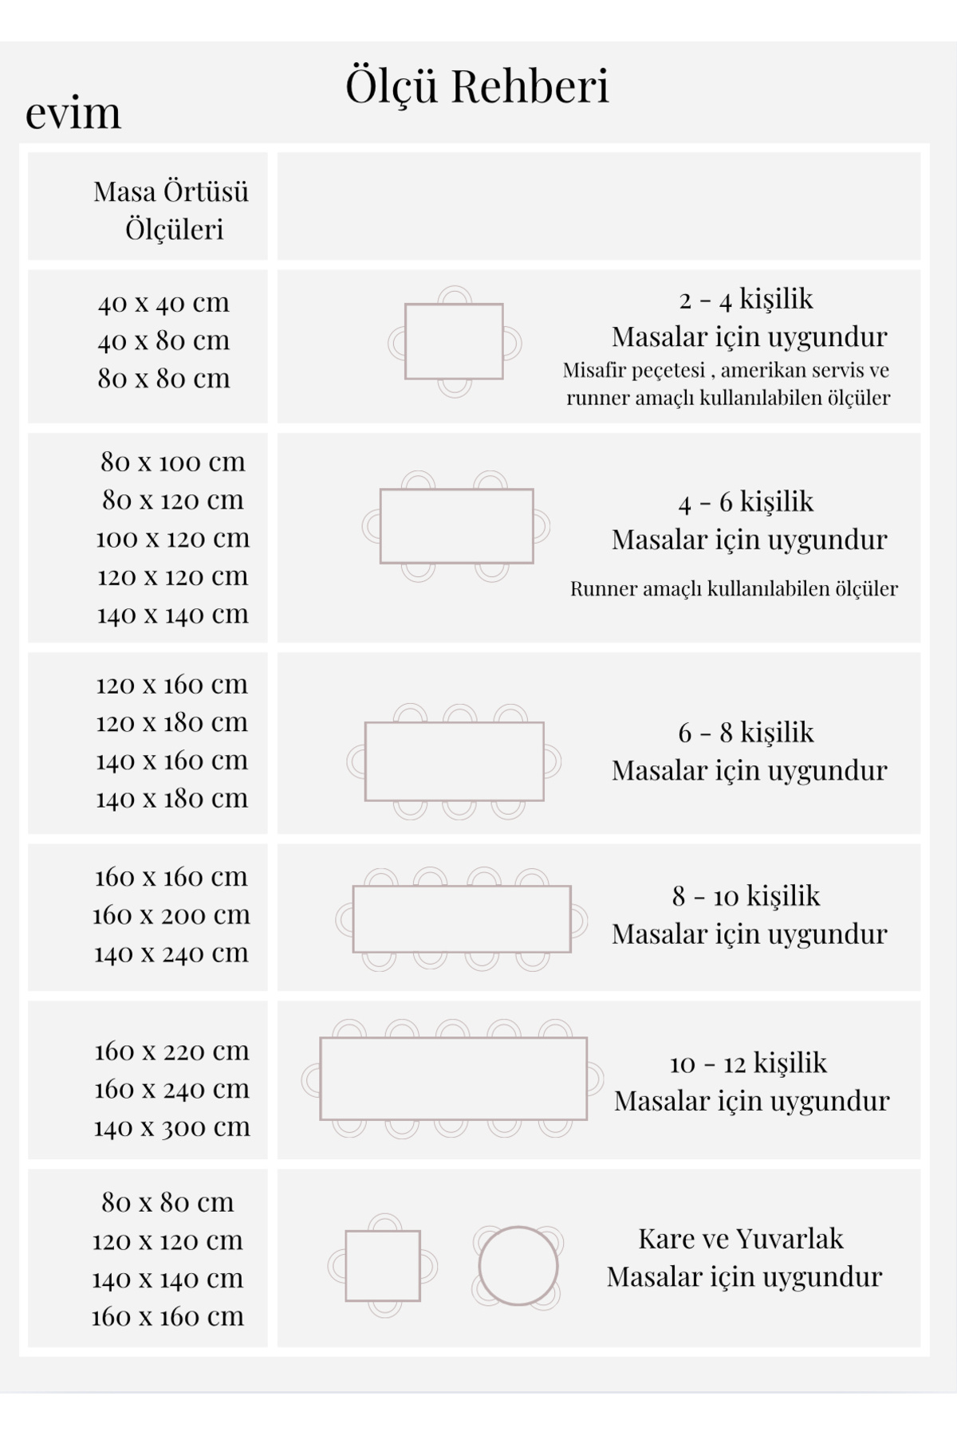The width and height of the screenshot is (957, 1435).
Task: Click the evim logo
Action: pos(73,112)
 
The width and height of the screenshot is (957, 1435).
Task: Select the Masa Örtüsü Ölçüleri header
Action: pos(171,210)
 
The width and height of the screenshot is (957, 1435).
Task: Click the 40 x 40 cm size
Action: pos(163,303)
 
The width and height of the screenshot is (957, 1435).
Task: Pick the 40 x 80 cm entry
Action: pos(163,340)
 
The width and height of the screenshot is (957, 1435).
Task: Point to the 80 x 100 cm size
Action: pos(172,462)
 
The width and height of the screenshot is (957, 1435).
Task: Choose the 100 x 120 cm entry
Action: pos(172,539)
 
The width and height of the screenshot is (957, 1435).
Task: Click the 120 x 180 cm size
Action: pos(171,723)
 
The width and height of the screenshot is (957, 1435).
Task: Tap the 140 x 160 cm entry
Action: pos(171,761)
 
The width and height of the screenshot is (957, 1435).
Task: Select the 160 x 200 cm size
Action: pos(171,915)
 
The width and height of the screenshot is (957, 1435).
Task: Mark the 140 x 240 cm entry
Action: pos(171,953)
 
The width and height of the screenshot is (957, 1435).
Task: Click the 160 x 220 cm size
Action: pos(171,1052)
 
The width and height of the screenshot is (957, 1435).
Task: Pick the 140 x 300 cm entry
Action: pos(171,1128)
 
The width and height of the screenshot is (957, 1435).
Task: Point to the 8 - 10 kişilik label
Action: pos(746,897)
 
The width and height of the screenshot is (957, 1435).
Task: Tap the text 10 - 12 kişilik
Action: pos(748,1063)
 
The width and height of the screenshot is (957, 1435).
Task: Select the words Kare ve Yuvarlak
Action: pos(741,1239)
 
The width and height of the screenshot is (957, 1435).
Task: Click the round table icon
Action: pos(518,1266)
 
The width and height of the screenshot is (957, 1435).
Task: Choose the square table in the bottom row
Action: pos(383,1266)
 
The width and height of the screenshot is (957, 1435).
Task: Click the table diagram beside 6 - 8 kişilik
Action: pos(455,761)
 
